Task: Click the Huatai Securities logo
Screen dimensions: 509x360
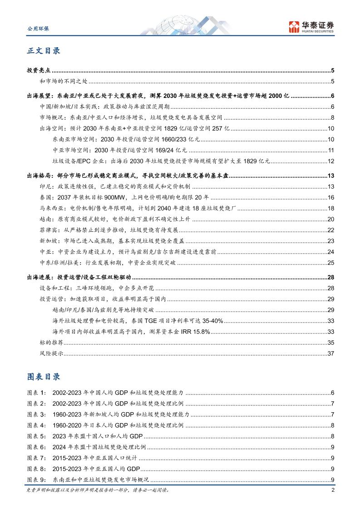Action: pyautogui.click(x=311, y=26)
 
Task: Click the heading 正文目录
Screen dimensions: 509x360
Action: pyautogui.click(x=44, y=51)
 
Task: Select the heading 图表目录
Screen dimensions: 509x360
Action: pyautogui.click(x=44, y=377)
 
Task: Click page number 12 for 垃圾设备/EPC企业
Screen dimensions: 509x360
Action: pyautogui.click(x=331, y=161)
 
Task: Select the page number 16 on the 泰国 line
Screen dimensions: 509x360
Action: pyautogui.click(x=331, y=197)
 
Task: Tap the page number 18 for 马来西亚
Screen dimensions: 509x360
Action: pyautogui.click(x=331, y=208)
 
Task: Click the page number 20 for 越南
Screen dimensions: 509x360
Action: pyautogui.click(x=331, y=219)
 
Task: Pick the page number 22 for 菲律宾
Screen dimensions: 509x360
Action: pyautogui.click(x=331, y=230)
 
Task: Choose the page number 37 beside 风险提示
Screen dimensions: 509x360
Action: pyautogui.click(x=331, y=353)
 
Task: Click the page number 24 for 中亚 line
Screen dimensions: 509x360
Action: pyautogui.click(x=331, y=251)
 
